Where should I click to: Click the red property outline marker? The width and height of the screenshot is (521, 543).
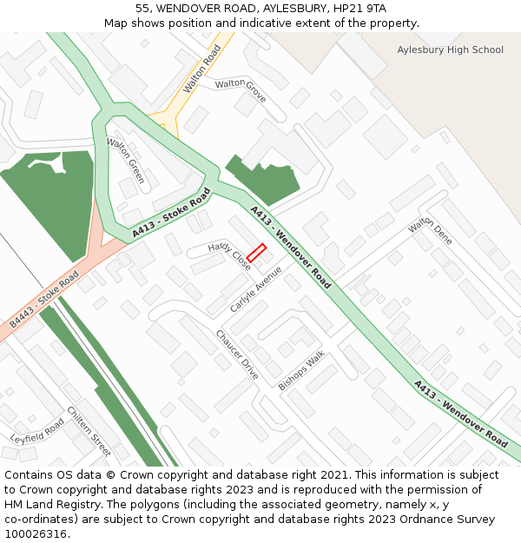[x=256, y=252]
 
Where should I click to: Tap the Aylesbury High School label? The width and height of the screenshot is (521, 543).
[x=450, y=50]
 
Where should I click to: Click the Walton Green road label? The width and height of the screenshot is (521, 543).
[x=126, y=160]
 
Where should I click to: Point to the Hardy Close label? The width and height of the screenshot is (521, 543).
[x=229, y=256]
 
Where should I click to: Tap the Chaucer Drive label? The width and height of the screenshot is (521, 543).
[x=237, y=354]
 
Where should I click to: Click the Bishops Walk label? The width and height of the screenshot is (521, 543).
[x=301, y=370]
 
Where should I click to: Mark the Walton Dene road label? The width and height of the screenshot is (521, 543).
[x=431, y=230]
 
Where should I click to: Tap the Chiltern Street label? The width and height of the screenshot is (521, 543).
[x=89, y=432]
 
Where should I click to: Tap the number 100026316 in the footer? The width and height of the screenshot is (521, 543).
[x=36, y=533]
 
